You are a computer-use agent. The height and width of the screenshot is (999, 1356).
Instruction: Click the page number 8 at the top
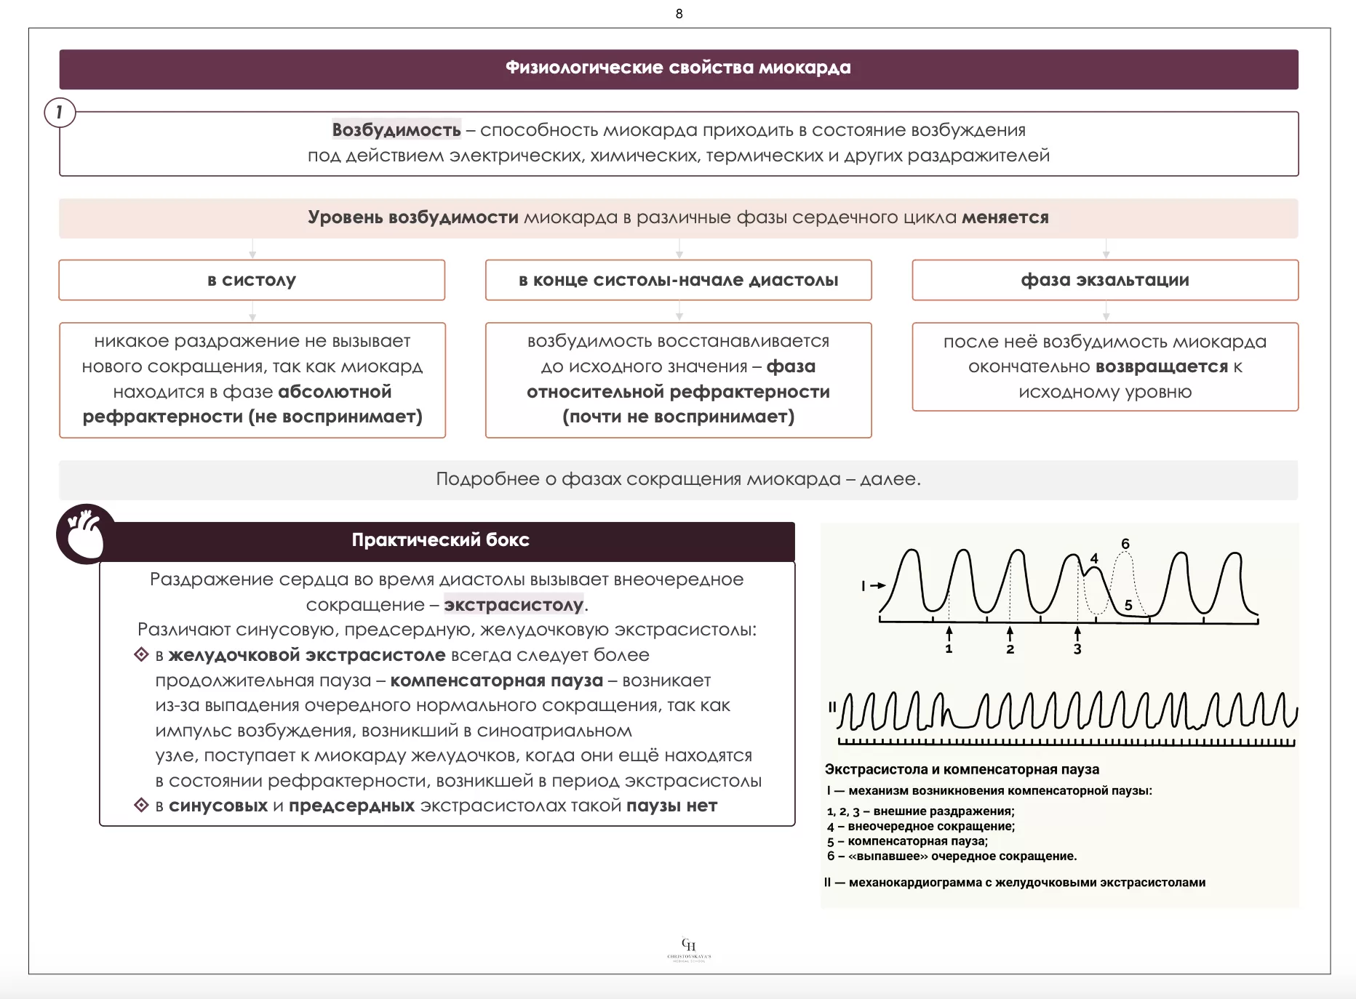click(x=679, y=14)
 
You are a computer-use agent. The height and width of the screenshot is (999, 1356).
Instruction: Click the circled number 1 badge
click(x=60, y=112)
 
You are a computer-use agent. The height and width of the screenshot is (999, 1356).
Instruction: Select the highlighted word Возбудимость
click(x=396, y=130)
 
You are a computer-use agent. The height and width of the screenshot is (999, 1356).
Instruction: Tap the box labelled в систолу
click(x=252, y=280)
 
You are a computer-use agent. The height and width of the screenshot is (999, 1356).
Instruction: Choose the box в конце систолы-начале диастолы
click(x=678, y=280)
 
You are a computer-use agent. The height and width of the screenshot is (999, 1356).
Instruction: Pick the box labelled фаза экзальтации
click(x=1105, y=280)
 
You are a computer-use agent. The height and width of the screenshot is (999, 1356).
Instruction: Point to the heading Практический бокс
click(x=440, y=540)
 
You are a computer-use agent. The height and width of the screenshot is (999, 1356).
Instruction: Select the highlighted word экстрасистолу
click(x=514, y=605)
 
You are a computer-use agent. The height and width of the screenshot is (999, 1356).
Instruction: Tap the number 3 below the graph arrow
click(x=1077, y=649)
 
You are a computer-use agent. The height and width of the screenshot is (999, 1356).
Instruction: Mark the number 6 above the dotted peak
click(x=1125, y=544)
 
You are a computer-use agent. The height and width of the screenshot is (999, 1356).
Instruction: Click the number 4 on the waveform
click(x=1094, y=558)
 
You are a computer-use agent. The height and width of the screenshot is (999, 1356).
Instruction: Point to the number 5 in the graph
click(x=1128, y=605)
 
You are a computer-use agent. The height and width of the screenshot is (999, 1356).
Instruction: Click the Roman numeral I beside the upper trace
click(x=864, y=585)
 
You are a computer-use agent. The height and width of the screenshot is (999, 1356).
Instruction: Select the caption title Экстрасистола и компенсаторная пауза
click(x=962, y=769)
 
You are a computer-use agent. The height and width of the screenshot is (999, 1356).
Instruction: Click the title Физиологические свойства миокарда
click(x=678, y=68)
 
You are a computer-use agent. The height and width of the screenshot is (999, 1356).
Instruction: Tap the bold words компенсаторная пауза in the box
click(x=497, y=681)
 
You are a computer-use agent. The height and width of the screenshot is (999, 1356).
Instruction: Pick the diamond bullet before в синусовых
click(x=142, y=805)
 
